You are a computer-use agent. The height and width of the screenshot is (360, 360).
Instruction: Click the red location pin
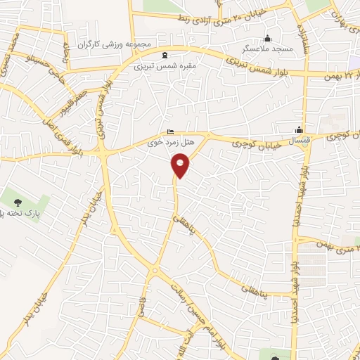coord(180,166)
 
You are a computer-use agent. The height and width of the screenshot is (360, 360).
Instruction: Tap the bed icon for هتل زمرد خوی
coord(171,132)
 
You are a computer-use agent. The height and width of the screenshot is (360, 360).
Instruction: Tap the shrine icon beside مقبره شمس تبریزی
coord(165,56)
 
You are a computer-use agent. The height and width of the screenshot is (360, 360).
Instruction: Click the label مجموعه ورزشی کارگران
coord(121,44)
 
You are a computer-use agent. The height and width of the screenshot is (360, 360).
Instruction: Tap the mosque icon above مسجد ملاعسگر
coord(266,38)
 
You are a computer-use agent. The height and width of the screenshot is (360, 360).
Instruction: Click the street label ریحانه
coord(66,55)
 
